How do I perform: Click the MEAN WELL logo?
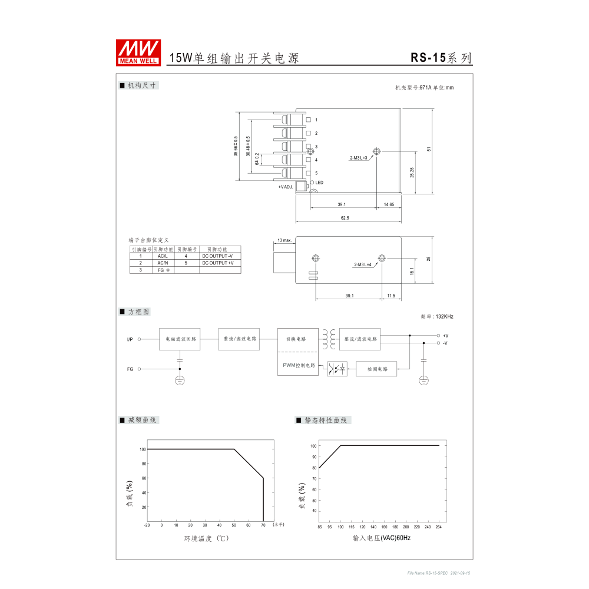tap(139, 52)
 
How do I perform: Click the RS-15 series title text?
tap(441, 58)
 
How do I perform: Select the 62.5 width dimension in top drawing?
tap(345, 218)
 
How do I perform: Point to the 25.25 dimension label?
tap(412, 172)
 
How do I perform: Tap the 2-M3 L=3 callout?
tap(358, 158)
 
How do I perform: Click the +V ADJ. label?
tap(286, 187)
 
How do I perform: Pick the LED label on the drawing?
tap(319, 183)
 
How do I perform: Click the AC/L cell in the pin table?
tap(163, 256)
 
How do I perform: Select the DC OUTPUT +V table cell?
tap(217, 263)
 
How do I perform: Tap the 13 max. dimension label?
tap(284, 240)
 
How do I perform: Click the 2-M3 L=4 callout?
tap(362, 265)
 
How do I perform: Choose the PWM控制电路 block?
tap(298, 365)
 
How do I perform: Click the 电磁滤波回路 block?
tap(180, 339)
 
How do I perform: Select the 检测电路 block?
tap(377, 369)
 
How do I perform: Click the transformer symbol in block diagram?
tap(329, 339)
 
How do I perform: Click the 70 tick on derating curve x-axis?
tap(263, 525)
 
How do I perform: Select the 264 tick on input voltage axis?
tap(439, 527)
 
